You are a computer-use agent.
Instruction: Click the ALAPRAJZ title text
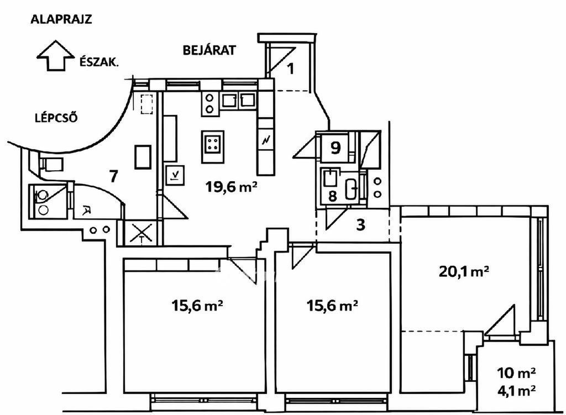[x=61, y=19]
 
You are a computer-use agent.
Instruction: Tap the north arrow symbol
[x=55, y=55]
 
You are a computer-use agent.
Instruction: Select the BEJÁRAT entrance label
[x=209, y=50]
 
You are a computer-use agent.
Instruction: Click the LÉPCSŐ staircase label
[x=56, y=118]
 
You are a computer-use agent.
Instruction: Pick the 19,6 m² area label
[x=231, y=187]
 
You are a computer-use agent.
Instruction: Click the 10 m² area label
[x=516, y=373]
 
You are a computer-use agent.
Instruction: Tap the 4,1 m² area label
[x=516, y=390]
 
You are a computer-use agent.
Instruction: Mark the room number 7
[x=113, y=176]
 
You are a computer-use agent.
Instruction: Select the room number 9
[x=336, y=148]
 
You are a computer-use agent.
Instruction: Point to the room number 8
[x=332, y=196]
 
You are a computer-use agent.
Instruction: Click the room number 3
[x=360, y=224]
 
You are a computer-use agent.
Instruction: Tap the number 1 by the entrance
[x=291, y=68]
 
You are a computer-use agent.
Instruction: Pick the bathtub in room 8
[x=351, y=189]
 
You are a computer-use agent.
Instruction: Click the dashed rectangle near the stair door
[x=146, y=104]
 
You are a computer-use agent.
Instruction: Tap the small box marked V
[x=175, y=175]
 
